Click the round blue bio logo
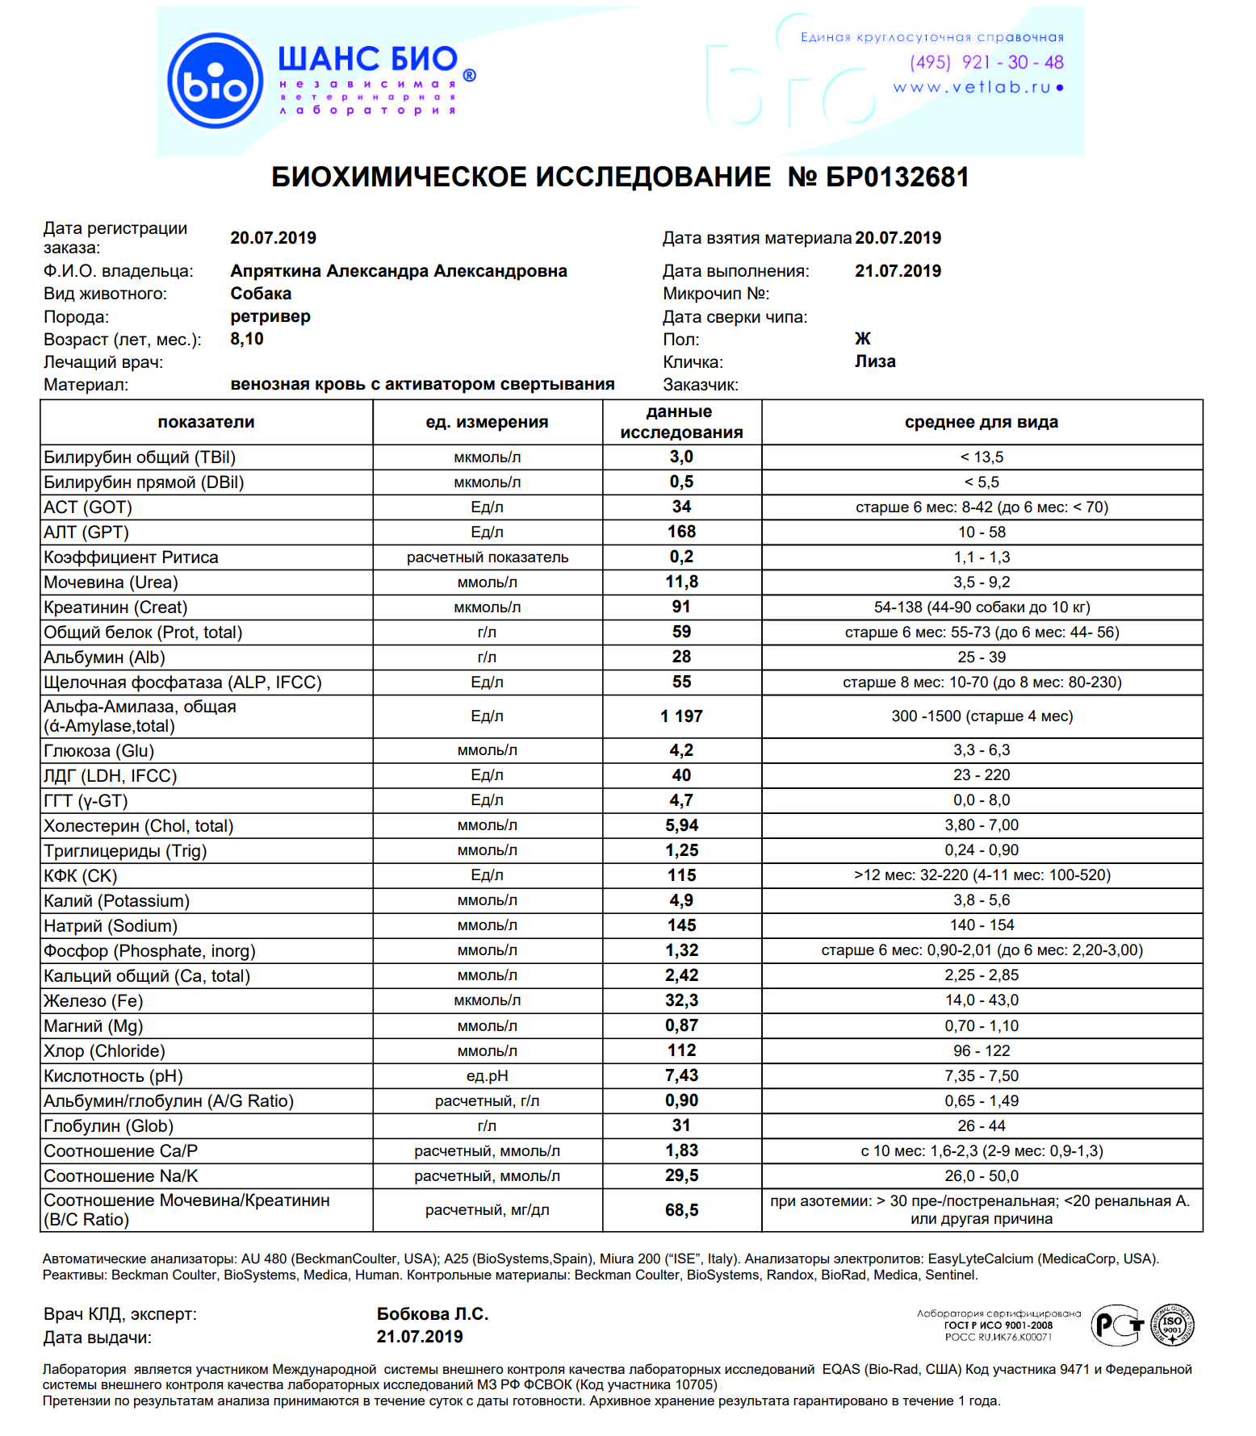pos(215,81)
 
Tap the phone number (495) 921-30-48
pos(986,62)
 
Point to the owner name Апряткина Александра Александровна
pos(398,271)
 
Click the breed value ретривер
pos(270,316)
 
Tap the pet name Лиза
pos(875,361)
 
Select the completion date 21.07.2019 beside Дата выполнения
pos(898,271)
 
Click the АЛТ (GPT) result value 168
pos(681,532)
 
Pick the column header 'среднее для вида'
pos(981,422)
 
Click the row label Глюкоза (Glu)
pos(98,750)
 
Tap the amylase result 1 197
pos(681,716)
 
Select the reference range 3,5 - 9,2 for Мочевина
pos(982,582)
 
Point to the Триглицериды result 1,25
pos(681,850)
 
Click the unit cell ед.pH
pos(487,1076)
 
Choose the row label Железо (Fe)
pos(93,1001)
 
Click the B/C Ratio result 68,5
pos(681,1210)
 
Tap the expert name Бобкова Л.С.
pos(433,1314)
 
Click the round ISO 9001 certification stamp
pos(1172,1325)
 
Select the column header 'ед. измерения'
pos(487,422)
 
